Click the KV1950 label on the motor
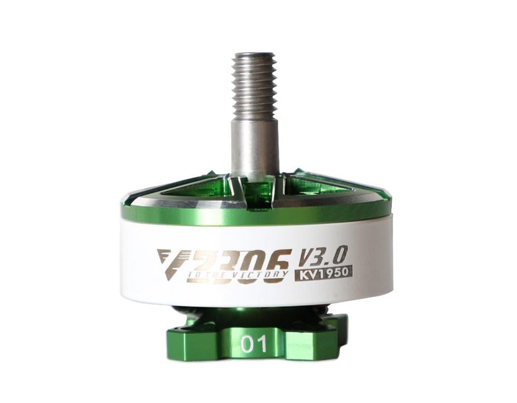[x=324, y=273]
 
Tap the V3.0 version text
[x=324, y=256]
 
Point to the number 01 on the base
[x=254, y=344]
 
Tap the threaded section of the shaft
[x=253, y=85]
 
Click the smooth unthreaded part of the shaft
[x=254, y=147]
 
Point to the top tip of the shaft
[x=253, y=54]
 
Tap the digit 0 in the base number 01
[x=248, y=344]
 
